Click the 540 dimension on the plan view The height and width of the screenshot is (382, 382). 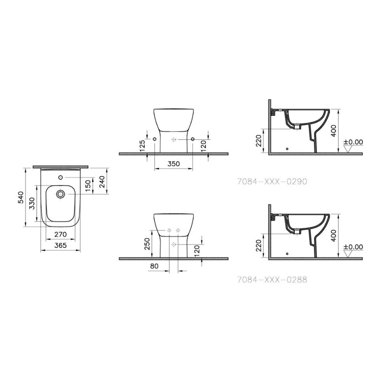click(x=21, y=197)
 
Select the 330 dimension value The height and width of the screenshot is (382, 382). click(x=32, y=203)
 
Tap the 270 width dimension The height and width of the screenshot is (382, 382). click(x=60, y=235)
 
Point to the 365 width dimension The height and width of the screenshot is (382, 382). click(x=60, y=245)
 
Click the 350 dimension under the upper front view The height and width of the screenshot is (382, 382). click(x=173, y=164)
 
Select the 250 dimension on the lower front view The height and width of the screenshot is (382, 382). click(x=147, y=244)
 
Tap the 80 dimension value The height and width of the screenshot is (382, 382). click(x=154, y=266)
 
